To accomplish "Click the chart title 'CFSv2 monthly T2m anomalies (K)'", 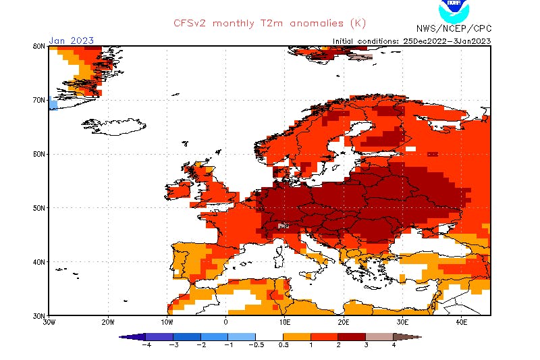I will click(x=266, y=23).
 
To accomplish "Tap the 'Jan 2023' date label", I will click(x=72, y=41).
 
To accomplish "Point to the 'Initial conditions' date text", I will click(x=412, y=41).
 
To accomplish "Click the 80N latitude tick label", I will click(x=38, y=46).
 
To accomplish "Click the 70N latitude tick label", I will click(x=38, y=100).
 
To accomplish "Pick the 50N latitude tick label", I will click(x=38, y=208).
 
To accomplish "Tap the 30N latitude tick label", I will click(x=38, y=315).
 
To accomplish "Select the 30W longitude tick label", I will click(x=49, y=322).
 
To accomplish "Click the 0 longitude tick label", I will click(x=225, y=322).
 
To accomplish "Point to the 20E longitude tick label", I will click(x=344, y=322).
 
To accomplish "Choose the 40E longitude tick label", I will click(x=461, y=322).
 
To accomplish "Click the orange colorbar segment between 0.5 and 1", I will click(x=297, y=336).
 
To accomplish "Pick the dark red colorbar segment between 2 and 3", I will click(x=352, y=336).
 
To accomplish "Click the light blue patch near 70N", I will click(x=52, y=104).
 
